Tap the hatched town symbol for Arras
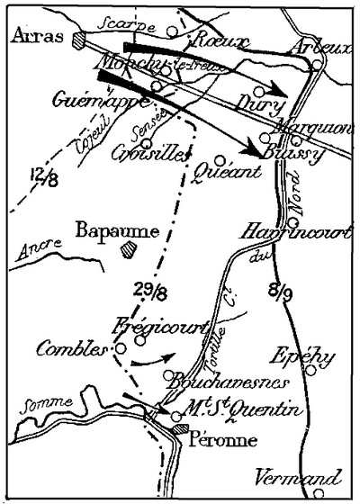pyautogui.click(x=78, y=40)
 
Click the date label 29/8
pyautogui.click(x=148, y=291)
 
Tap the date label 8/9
pyautogui.click(x=280, y=290)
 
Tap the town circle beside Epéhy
pyautogui.click(x=310, y=369)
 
